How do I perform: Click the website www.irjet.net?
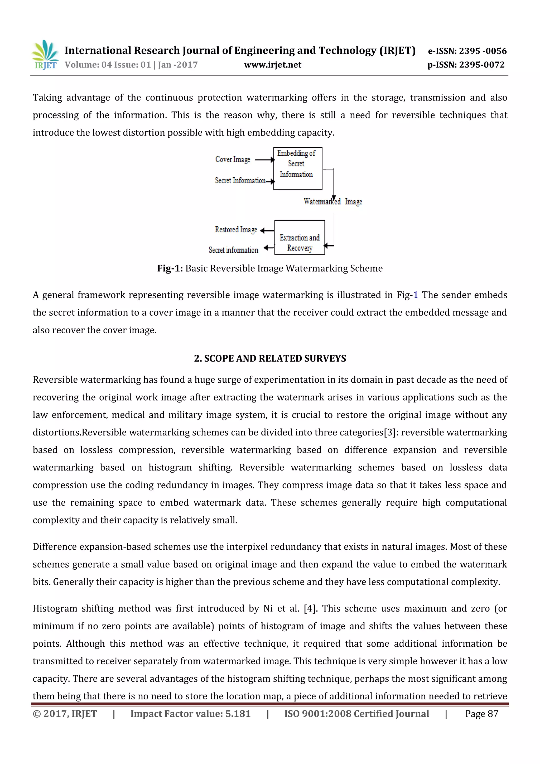point(272,65)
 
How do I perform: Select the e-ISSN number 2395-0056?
point(483,51)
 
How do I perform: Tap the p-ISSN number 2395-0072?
point(482,65)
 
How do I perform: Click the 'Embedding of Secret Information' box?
point(297,168)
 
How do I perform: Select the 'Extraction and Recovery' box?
point(300,238)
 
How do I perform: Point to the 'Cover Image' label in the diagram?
point(233,159)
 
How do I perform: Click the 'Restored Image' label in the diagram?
point(236,230)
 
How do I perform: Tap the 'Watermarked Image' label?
point(332,202)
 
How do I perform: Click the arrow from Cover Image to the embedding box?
point(264,160)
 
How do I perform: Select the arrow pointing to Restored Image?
point(267,230)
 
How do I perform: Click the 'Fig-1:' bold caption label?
point(170,268)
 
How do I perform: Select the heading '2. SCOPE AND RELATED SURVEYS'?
point(270,358)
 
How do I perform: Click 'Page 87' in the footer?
point(481,714)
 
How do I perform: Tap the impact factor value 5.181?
point(238,714)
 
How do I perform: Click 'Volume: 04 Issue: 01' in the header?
point(108,65)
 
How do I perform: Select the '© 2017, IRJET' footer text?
point(65,714)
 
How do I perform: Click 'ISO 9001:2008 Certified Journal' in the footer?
point(356,714)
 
